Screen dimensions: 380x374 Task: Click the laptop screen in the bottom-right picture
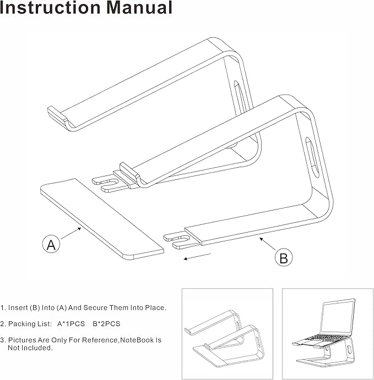pyautogui.click(x=335, y=317)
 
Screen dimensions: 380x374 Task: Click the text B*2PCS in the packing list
pyautogui.click(x=107, y=324)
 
